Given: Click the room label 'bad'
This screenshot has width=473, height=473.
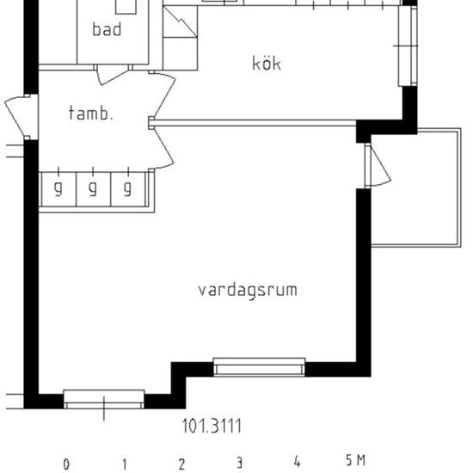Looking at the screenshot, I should pyautogui.click(x=107, y=29).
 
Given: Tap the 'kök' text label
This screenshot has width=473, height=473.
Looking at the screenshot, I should pyautogui.click(x=267, y=64).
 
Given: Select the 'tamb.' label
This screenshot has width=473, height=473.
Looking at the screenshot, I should pyautogui.click(x=90, y=114).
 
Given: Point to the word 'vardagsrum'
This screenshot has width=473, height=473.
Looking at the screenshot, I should pyautogui.click(x=247, y=289).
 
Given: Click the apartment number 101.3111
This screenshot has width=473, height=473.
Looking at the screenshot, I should pyautogui.click(x=212, y=426).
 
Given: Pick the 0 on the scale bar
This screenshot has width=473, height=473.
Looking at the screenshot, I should pyautogui.click(x=66, y=464).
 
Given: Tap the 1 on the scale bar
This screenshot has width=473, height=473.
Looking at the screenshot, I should pyautogui.click(x=124, y=464).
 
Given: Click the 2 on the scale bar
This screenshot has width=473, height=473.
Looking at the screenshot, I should pyautogui.click(x=181, y=464).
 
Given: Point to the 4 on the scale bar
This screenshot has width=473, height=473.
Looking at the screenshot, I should pyautogui.click(x=297, y=462).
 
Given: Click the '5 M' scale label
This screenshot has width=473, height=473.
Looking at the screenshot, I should pyautogui.click(x=354, y=461).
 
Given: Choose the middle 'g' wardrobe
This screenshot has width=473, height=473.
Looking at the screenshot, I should pyautogui.click(x=93, y=188).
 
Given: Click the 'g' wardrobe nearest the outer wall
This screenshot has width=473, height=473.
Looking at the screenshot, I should pyautogui.click(x=58, y=188).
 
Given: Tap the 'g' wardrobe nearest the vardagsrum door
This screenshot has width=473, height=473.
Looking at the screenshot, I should pyautogui.click(x=127, y=188).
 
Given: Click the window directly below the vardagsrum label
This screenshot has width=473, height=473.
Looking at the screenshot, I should pyautogui.click(x=259, y=368).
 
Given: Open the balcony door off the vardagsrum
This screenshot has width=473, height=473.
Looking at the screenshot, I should pyautogui.click(x=377, y=165).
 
